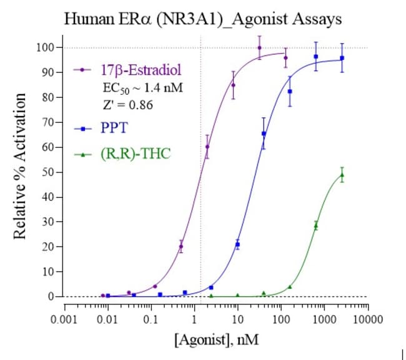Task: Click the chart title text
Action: pos(203,19)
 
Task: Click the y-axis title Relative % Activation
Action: pos(21,166)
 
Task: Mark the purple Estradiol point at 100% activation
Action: pos(259,47)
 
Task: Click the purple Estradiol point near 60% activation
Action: pos(207,147)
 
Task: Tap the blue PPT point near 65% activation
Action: pos(264,134)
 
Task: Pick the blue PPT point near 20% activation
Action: pos(237,244)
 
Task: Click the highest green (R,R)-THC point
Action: pos(342,175)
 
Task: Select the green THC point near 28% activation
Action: pos(315,225)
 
